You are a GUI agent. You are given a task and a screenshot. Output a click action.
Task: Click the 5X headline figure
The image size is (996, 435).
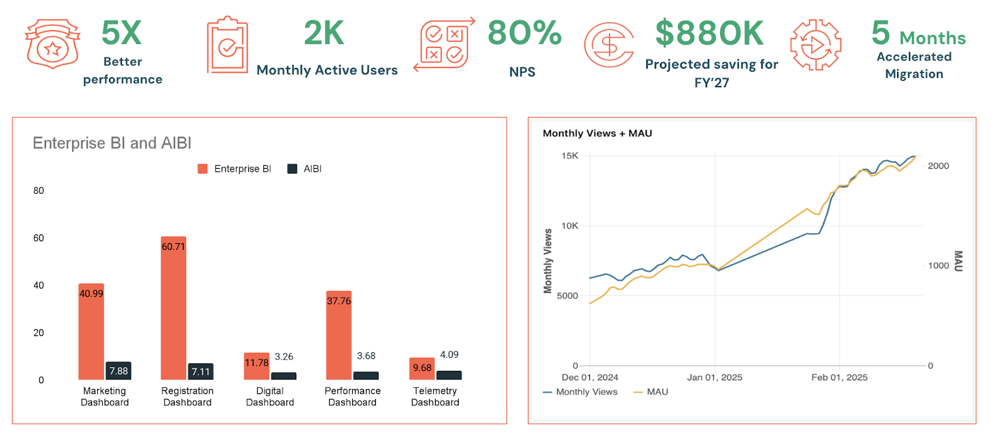[x=122, y=33]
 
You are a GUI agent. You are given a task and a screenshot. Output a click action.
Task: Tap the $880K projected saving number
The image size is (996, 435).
[x=709, y=34]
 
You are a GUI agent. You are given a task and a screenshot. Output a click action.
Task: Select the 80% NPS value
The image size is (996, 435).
[x=524, y=33]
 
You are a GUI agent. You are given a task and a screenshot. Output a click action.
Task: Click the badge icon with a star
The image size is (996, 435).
[x=52, y=44]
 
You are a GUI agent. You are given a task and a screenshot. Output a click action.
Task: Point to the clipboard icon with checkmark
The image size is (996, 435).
[x=227, y=45]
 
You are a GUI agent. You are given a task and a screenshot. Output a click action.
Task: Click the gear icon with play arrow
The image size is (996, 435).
[x=815, y=45]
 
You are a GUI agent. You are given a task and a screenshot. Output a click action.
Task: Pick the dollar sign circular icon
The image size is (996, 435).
[x=609, y=45]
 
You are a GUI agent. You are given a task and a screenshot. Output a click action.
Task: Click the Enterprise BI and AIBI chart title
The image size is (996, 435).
[x=112, y=143]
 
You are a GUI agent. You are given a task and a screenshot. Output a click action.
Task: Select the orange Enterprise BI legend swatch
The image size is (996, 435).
[x=202, y=169]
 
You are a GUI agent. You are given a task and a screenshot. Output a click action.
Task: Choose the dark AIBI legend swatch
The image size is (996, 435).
[x=292, y=169]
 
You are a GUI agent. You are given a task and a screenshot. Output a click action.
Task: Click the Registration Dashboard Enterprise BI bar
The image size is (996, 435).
[x=173, y=308]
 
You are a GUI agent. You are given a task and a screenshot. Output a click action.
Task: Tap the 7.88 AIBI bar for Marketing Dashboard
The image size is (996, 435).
[x=118, y=371]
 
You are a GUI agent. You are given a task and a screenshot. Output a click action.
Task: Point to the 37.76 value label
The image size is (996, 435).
[x=339, y=301]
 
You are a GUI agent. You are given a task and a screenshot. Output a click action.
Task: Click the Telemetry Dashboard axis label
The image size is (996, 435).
[x=435, y=396]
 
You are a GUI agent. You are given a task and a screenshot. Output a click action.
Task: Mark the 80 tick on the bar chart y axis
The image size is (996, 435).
[x=39, y=191]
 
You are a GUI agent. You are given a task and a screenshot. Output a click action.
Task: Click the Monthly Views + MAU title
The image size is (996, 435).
[x=597, y=133]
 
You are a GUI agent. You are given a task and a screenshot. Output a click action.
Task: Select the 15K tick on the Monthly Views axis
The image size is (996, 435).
[x=570, y=156]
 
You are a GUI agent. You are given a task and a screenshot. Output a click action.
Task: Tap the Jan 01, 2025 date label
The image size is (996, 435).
[x=715, y=378]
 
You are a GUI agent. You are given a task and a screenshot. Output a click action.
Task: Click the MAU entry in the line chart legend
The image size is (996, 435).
[x=657, y=392]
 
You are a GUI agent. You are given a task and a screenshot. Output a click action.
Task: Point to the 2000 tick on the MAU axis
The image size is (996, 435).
[x=938, y=166]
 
